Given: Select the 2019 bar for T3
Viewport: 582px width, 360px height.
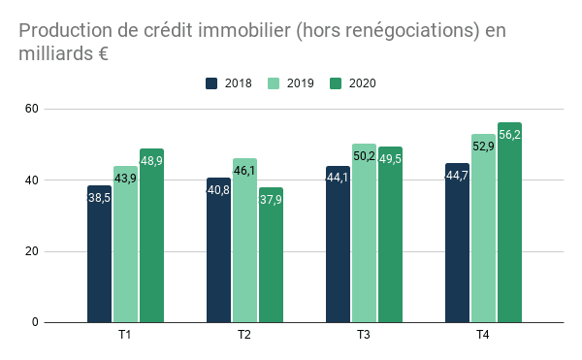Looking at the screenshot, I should tap(364, 233).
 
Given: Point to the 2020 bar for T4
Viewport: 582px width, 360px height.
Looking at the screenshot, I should tap(509, 222).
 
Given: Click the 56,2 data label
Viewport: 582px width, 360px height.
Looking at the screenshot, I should tap(509, 135).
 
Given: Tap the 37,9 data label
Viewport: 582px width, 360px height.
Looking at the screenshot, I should tap(271, 200).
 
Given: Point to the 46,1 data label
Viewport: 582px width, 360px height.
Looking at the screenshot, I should tap(244, 171).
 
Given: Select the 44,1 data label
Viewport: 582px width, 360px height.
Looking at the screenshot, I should tap(338, 178).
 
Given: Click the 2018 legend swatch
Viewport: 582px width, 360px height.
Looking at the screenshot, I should tap(211, 83).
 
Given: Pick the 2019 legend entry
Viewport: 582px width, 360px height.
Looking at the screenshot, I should tap(292, 83).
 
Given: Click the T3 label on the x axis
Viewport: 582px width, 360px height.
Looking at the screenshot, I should tap(363, 336).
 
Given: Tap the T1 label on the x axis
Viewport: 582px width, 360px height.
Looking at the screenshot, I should tap(124, 336).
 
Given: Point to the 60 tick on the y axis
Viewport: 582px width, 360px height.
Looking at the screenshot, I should tap(31, 109).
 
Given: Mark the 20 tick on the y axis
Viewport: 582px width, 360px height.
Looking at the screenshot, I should tap(31, 251).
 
